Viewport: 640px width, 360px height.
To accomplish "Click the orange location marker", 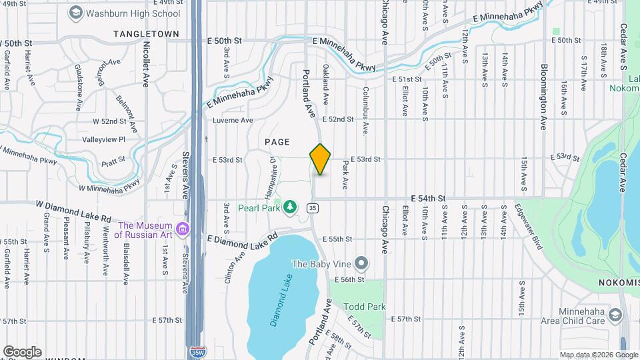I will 320,159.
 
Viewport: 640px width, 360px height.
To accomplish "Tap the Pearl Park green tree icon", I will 289,208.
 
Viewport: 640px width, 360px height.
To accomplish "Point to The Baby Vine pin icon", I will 361,263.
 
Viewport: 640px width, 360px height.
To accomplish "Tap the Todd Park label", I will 365,307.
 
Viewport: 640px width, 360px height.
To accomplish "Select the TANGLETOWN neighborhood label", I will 147,33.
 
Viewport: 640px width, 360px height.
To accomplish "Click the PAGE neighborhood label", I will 277,141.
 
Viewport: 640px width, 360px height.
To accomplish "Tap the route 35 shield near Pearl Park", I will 312,208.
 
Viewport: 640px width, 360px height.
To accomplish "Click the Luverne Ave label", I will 233,121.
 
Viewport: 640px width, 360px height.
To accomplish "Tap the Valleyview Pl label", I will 103,139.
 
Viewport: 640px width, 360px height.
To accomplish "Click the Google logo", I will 22,351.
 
